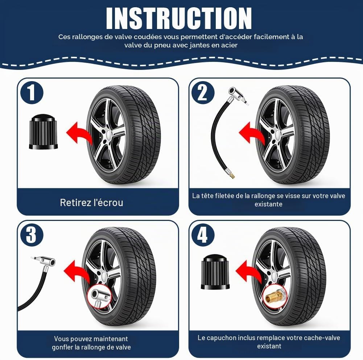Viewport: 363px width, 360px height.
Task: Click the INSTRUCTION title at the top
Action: click(179, 18)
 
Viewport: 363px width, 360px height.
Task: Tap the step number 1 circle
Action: click(32, 92)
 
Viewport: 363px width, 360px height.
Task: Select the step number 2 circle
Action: click(203, 92)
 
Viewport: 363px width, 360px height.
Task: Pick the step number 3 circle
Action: click(32, 235)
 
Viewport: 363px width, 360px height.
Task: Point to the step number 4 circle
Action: click(203, 235)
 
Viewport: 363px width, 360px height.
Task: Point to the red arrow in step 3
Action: click(77, 271)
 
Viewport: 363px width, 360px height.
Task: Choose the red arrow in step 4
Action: click(249, 271)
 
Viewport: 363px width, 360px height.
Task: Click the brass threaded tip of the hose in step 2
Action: click(232, 175)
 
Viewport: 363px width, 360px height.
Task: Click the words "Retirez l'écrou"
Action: click(91, 202)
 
